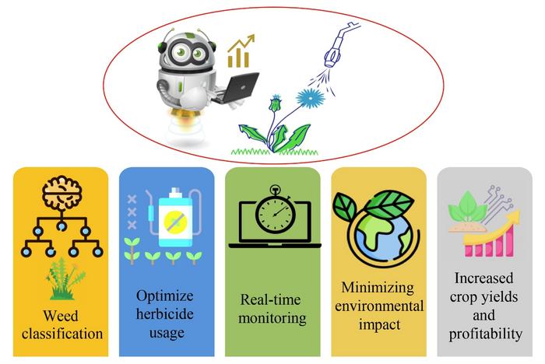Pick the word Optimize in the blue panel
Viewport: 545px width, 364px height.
[165, 296]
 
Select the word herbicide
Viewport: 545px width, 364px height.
[165, 315]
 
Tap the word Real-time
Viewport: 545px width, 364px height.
[272, 299]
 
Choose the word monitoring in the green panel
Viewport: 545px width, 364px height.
[272, 318]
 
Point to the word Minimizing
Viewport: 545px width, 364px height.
[378, 288]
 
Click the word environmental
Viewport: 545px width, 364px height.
[378, 306]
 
